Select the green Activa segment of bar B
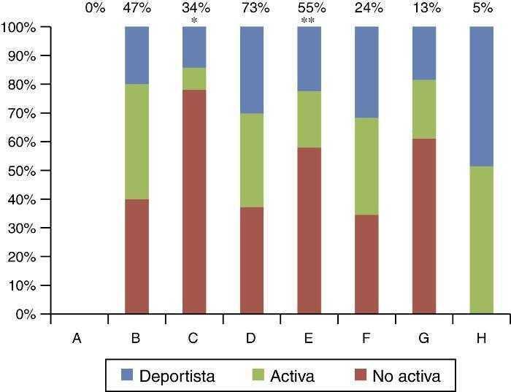[x=137, y=142]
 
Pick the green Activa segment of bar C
[x=194, y=79]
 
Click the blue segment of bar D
[x=252, y=69]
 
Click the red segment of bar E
[x=310, y=231]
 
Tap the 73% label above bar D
[x=252, y=9]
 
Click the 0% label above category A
[x=95, y=9]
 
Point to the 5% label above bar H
[x=483, y=9]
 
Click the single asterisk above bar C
[x=194, y=21]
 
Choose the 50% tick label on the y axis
[x=25, y=171]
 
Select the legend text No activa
[x=406, y=376]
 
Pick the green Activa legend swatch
[x=259, y=376]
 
